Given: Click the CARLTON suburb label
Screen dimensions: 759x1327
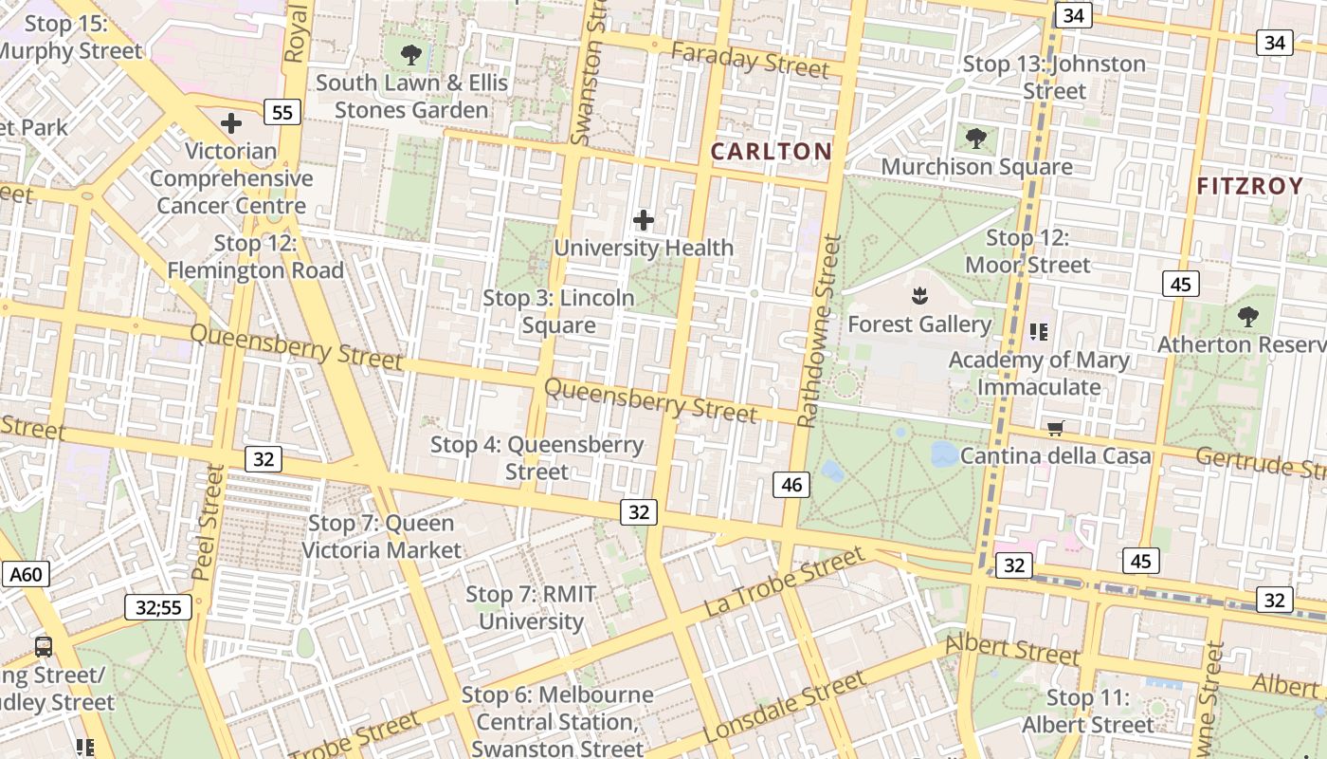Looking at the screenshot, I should coord(771,151).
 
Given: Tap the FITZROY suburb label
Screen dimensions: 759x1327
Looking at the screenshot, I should coord(1249,186).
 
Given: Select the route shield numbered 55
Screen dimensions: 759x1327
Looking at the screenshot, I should coord(282,113).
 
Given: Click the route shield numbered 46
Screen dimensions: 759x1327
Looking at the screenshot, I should coord(791,485).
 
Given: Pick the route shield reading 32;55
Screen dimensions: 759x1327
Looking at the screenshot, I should coord(158,607).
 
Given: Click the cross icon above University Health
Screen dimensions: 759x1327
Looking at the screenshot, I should coord(644,221).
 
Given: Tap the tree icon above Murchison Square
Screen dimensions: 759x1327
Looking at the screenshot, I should coord(976,139).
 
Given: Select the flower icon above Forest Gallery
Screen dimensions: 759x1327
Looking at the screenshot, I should coord(918,296).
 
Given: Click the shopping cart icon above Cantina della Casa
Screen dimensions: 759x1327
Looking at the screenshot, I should coord(1055,429).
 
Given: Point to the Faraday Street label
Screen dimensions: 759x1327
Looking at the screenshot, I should coord(750,60).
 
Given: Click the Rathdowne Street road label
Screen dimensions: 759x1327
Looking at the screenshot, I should coord(819,332).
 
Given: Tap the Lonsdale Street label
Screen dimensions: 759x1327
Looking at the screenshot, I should coord(785,707).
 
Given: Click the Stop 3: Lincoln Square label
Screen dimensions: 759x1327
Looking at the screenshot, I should coord(559,311).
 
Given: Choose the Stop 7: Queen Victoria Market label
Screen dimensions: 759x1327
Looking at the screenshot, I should coord(381,536).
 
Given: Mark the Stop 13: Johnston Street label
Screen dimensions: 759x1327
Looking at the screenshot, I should coord(1054,78).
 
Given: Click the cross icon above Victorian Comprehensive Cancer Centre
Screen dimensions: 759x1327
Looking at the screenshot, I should coord(231,123).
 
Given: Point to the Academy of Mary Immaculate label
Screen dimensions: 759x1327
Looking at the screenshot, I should coord(1039,373).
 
